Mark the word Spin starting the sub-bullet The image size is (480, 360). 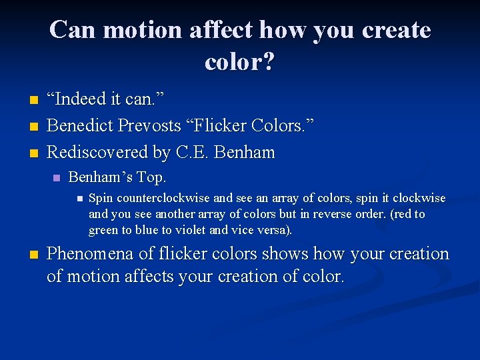[101, 198]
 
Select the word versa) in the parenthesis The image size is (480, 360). [275, 230]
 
